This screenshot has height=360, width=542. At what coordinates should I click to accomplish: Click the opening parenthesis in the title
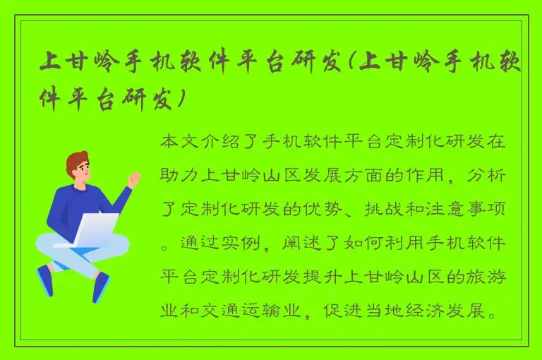pyautogui.click(x=349, y=64)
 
